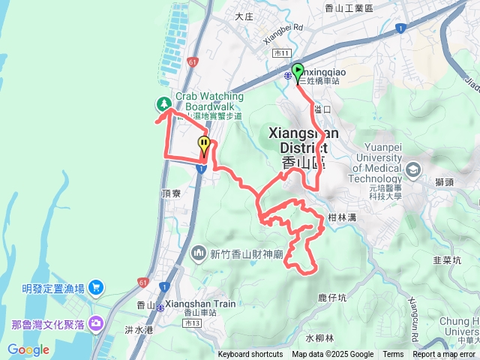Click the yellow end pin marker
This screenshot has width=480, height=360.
pyautogui.click(x=203, y=145)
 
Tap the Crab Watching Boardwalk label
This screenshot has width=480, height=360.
pyautogui.click(x=209, y=101)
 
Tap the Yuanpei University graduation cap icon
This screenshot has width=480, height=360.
pyautogui.click(x=412, y=171)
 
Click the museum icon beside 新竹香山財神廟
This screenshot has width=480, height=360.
pyautogui.click(x=198, y=253)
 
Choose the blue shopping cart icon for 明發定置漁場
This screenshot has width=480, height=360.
pyautogui.click(x=96, y=287)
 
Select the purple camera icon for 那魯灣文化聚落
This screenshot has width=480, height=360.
pyautogui.click(x=96, y=323)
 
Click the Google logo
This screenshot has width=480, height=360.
pyautogui.click(x=28, y=349)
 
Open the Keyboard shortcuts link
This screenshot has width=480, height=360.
pyautogui.click(x=250, y=355)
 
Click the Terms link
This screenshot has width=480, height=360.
pyautogui.click(x=393, y=355)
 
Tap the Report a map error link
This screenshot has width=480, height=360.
pyautogui.click(x=444, y=355)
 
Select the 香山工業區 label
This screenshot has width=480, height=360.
pyautogui.click(x=349, y=8)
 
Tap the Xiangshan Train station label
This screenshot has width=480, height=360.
pyautogui.click(x=200, y=304)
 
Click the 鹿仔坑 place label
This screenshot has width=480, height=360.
pyautogui.click(x=332, y=298)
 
